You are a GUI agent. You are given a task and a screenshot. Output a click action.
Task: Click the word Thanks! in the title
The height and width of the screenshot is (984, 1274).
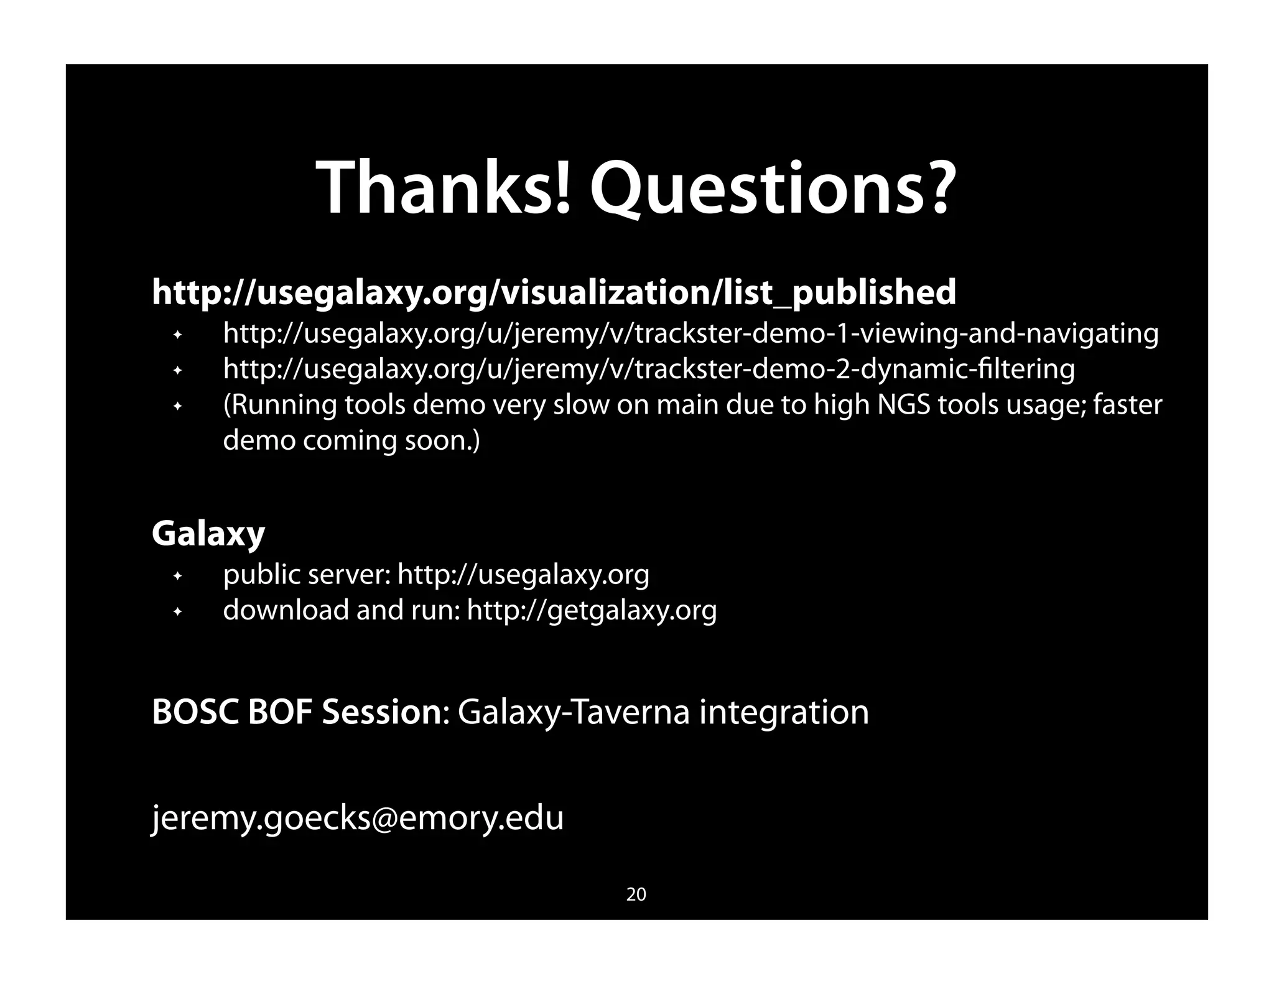click(x=443, y=188)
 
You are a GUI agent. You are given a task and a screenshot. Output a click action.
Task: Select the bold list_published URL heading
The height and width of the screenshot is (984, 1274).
click(x=554, y=292)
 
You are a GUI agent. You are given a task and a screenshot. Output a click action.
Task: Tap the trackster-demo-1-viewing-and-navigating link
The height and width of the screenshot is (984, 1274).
click(x=690, y=333)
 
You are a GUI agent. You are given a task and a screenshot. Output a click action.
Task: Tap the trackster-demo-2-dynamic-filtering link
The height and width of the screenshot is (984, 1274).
click(x=648, y=369)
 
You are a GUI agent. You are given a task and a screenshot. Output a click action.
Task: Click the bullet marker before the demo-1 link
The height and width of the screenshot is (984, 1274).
click(x=177, y=335)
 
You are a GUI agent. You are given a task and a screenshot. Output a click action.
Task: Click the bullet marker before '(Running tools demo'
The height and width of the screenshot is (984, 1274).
click(x=177, y=407)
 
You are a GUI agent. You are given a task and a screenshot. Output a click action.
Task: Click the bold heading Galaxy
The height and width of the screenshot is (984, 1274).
click(x=208, y=534)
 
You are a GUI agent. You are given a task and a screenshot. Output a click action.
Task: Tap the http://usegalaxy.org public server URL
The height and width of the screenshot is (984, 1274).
click(x=523, y=574)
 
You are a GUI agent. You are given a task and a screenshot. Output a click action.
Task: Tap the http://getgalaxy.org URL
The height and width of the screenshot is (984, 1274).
click(x=592, y=610)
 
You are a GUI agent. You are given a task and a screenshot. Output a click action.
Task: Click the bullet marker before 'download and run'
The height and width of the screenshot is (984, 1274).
click(x=177, y=612)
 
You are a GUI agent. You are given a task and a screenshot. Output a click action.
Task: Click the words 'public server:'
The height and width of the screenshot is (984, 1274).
click(x=307, y=574)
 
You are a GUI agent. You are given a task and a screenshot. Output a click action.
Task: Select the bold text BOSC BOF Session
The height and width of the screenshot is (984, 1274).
click(x=297, y=712)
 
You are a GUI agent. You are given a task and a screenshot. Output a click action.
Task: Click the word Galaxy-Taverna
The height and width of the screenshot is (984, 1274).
click(x=573, y=712)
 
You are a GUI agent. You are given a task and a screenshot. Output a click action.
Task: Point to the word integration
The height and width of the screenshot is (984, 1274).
click(x=784, y=712)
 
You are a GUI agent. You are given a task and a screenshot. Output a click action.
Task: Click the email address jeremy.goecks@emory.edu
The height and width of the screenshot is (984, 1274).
click(x=358, y=817)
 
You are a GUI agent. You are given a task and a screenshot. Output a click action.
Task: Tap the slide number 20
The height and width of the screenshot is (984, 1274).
click(x=636, y=894)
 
